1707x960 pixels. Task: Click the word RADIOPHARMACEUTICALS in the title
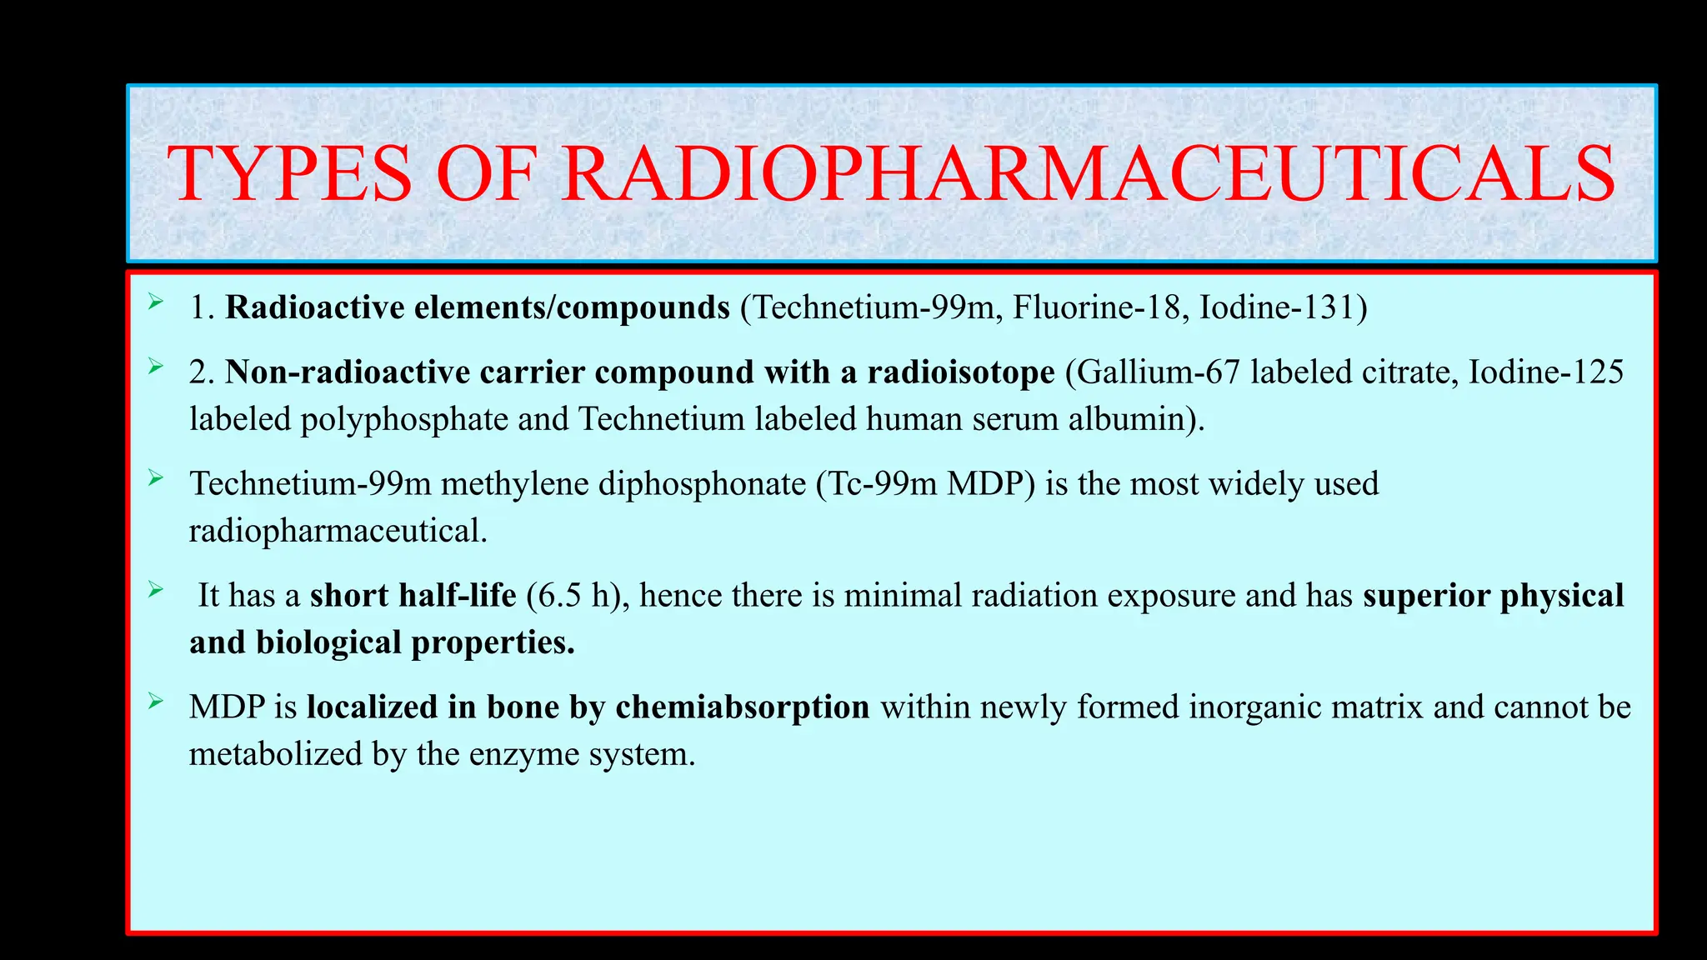pos(1089,174)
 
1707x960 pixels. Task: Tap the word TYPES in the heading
pos(289,174)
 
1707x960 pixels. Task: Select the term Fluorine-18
pos(1100,307)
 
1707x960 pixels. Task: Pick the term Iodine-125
pos(1545,372)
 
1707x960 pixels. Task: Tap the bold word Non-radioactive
pos(348,372)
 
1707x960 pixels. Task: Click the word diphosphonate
pos(702,483)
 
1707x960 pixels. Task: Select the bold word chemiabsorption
pos(742,707)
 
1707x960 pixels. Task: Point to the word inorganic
pos(1254,707)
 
